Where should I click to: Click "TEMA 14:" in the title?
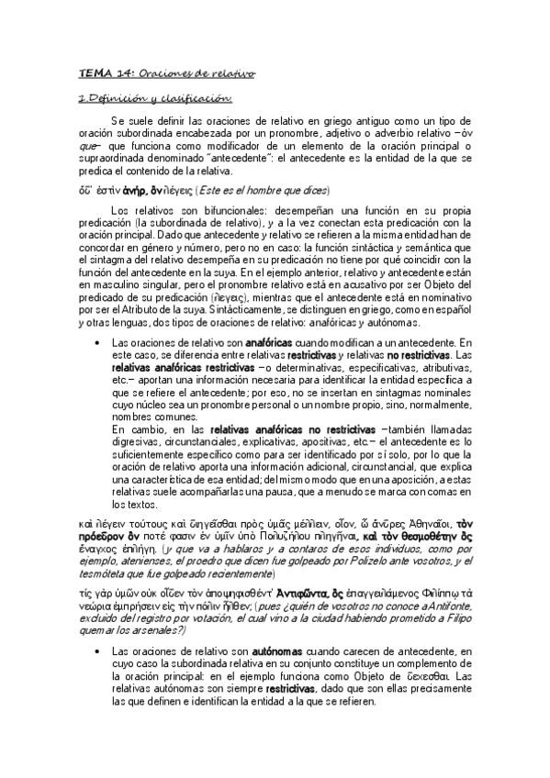[x=96, y=72]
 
